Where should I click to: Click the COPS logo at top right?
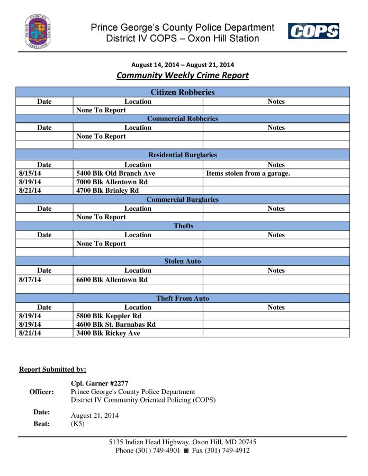click(313, 31)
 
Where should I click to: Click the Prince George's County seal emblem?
click(38, 32)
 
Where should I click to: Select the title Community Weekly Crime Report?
click(182, 75)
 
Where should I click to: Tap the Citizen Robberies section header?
click(183, 92)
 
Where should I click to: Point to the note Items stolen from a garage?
click(247, 173)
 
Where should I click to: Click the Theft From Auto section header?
click(183, 299)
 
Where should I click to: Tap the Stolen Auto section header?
click(183, 262)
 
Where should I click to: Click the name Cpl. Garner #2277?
click(100, 383)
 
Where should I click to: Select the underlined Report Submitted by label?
click(52, 369)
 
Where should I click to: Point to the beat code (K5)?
click(78, 424)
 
